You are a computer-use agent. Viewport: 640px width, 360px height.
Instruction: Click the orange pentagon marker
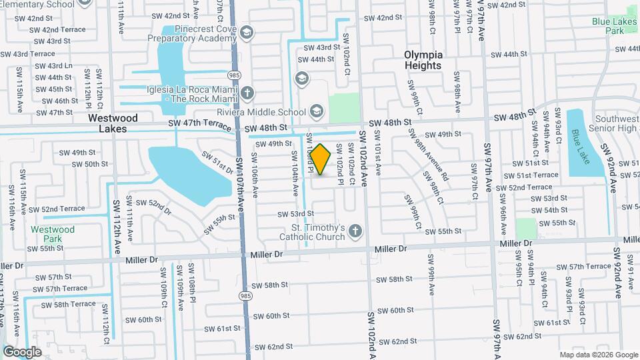[x=321, y=160]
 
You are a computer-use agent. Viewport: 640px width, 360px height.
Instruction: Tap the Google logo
[x=22, y=351]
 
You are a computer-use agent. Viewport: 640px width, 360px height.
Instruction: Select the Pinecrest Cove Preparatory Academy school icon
[x=247, y=32]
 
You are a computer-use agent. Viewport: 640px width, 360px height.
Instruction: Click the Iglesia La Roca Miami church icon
[x=247, y=92]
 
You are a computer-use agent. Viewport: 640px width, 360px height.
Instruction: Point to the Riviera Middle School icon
[x=315, y=111]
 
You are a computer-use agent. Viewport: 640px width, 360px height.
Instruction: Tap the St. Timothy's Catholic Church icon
[x=355, y=231]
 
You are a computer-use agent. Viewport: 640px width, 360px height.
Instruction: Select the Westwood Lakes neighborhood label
[x=113, y=123]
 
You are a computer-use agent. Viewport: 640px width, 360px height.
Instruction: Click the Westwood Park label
[x=53, y=234]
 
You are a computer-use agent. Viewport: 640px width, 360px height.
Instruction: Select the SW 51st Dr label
[x=219, y=161]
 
